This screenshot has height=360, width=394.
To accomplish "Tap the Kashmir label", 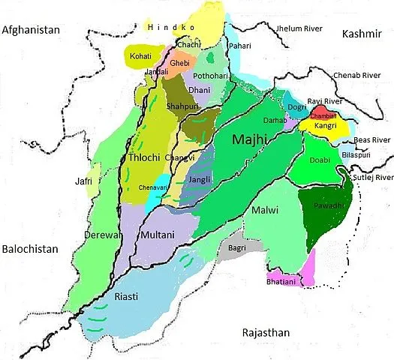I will [363, 34].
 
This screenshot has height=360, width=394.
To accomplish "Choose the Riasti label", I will [125, 297].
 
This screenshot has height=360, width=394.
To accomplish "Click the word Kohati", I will [139, 56].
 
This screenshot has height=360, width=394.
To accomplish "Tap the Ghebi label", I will [179, 64].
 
